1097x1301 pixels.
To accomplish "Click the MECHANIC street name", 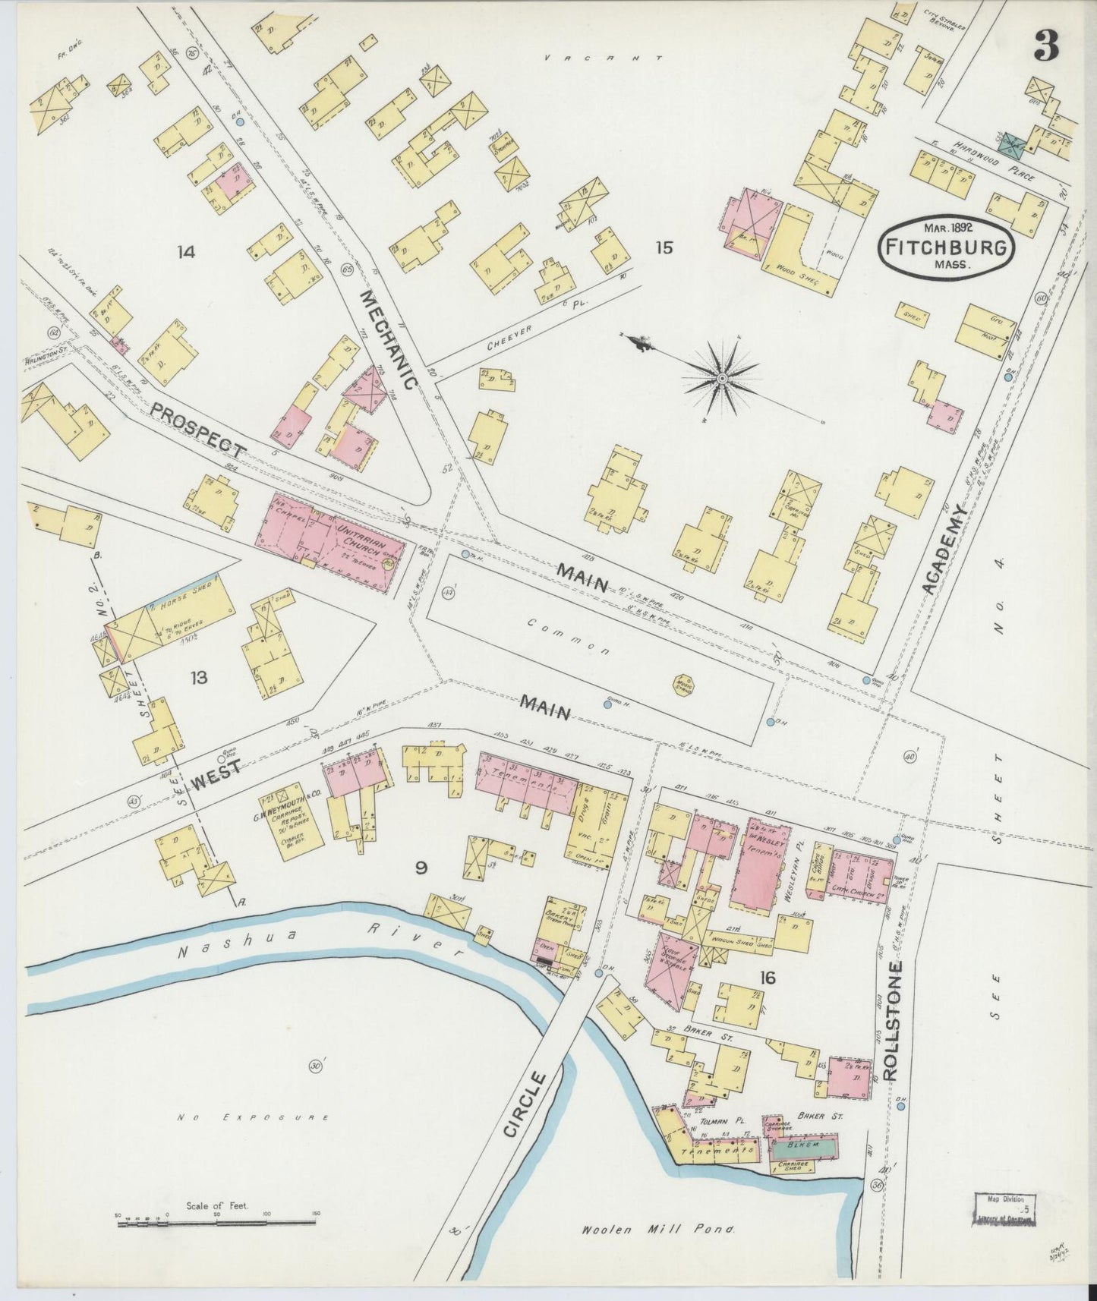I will [387, 339].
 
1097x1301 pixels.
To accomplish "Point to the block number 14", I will [185, 251].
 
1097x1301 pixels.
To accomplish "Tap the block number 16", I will [767, 978].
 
